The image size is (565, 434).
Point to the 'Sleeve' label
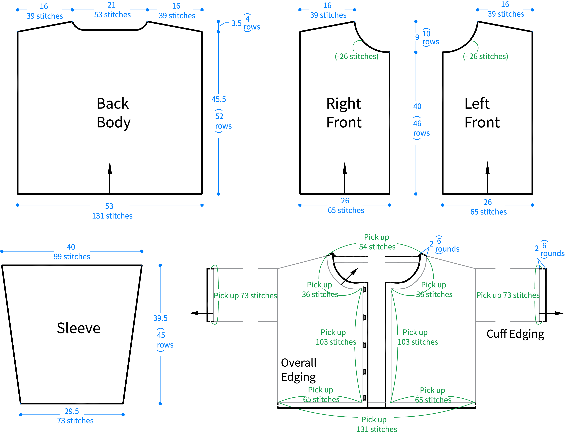point(78,328)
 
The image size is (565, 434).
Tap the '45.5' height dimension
point(219,99)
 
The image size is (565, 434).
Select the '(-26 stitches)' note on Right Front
point(357,56)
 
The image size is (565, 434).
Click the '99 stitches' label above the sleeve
point(72,257)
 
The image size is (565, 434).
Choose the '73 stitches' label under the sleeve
point(75,421)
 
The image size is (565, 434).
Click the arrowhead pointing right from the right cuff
point(559,313)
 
